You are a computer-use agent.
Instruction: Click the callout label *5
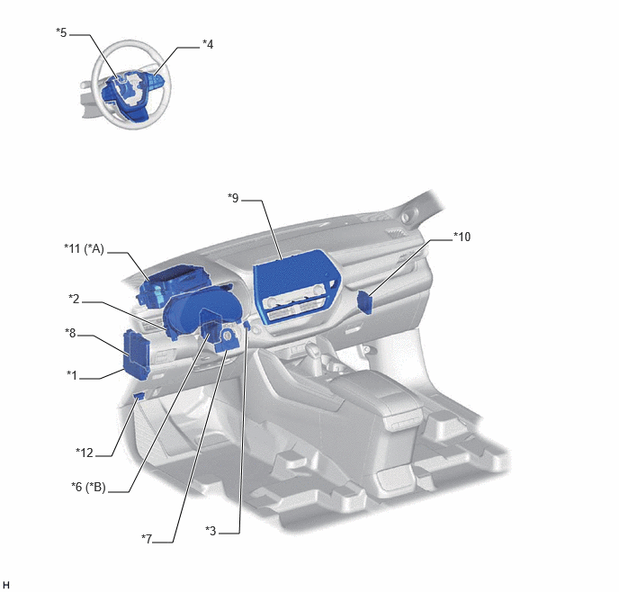coord(61,32)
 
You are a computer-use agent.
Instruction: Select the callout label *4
coord(208,44)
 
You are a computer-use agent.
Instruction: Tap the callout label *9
coord(233,198)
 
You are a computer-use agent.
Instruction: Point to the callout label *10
coord(462,237)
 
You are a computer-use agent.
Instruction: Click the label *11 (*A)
coord(84,249)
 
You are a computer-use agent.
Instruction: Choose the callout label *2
coord(74,299)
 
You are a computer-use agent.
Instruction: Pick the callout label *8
coord(70,333)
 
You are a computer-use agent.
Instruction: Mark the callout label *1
coord(72,375)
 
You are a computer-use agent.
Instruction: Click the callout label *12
coord(85,453)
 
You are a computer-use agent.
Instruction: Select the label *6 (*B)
coord(88,488)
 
